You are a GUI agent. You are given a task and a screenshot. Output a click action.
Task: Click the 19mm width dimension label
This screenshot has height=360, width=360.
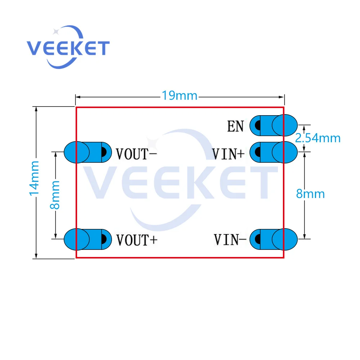tap(179, 96)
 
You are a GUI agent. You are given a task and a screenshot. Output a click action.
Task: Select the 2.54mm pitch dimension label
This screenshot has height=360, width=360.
tap(318, 138)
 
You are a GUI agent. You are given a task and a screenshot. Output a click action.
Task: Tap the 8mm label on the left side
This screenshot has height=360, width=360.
tap(55, 195)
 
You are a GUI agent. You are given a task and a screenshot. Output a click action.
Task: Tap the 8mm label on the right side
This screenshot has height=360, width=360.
tap(310, 194)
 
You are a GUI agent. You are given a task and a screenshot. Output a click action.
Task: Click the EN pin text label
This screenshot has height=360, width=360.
tap(235, 126)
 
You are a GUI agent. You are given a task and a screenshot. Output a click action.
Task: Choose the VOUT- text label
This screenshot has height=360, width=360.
tap(136, 154)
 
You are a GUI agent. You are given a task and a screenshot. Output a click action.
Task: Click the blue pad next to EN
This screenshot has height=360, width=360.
tap(274, 125)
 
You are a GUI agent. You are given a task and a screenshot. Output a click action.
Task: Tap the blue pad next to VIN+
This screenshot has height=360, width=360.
tap(274, 152)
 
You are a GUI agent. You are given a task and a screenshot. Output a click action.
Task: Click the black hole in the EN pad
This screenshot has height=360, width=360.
tap(258, 125)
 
